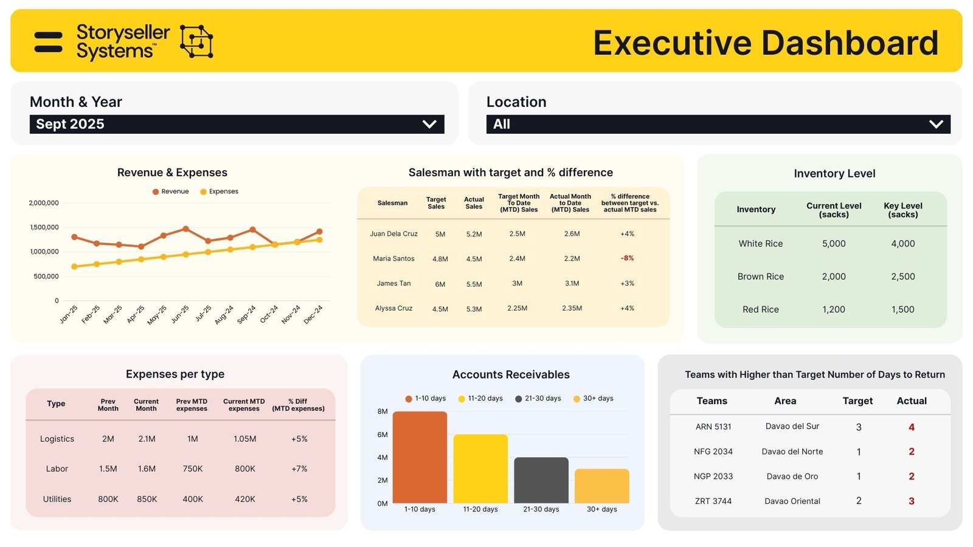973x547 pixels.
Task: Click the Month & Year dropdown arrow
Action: tap(429, 124)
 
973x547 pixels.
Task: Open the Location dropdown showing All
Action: tap(718, 124)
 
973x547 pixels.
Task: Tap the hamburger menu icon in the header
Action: tap(49, 42)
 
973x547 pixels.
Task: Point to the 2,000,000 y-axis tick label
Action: tap(44, 203)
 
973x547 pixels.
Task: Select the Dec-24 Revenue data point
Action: tap(319, 232)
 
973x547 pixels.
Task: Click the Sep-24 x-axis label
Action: tap(247, 314)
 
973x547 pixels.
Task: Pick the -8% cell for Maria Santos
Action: tap(627, 258)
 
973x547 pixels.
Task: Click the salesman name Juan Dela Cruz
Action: tap(393, 234)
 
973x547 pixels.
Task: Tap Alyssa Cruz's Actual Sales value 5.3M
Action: tap(474, 309)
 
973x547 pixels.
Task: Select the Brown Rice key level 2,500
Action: tap(902, 277)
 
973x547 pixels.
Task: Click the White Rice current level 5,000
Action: tap(834, 244)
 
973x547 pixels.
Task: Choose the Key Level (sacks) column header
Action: tap(902, 210)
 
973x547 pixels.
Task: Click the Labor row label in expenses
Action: tap(57, 469)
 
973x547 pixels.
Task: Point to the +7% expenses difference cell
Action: tap(299, 469)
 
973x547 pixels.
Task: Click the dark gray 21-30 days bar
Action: tap(541, 480)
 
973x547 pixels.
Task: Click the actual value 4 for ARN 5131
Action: tap(911, 427)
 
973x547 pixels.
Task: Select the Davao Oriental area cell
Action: tap(792, 501)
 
